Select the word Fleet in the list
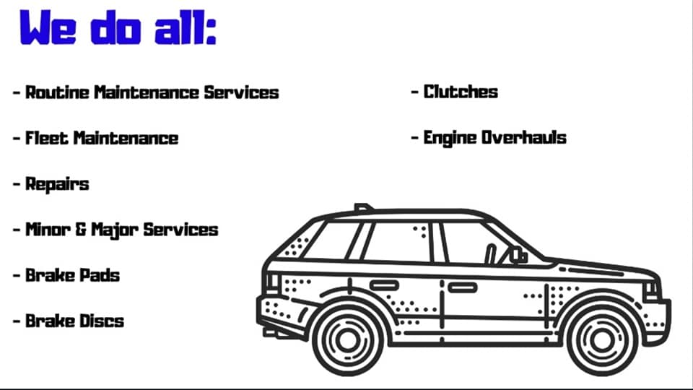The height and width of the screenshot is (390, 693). coord(47,138)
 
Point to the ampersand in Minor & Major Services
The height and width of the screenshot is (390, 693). coord(81,230)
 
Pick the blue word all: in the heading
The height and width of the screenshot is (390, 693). coord(186,28)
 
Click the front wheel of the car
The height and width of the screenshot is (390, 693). coord(601,339)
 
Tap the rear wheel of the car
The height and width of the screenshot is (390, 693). coord(347,339)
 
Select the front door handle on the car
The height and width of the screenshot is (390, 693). coord(462,287)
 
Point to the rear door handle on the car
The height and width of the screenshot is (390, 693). coord(384,285)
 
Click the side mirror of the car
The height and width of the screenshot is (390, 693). coord(518,255)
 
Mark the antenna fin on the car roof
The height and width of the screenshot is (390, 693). coord(363,207)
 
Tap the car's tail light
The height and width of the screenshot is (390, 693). coord(272,283)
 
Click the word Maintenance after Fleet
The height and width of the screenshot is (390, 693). coord(126,138)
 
